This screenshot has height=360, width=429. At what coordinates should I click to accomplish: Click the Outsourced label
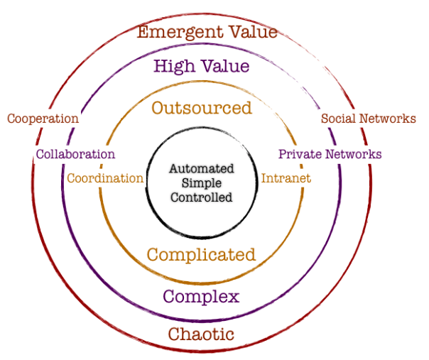(202, 108)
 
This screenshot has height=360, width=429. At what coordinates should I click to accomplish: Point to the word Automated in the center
(202, 170)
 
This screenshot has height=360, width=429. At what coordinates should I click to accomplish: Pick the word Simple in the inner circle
(201, 183)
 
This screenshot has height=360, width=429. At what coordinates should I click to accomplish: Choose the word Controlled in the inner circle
(202, 197)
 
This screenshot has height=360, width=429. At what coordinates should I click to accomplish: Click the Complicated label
(200, 254)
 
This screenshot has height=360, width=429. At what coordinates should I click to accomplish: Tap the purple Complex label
(201, 295)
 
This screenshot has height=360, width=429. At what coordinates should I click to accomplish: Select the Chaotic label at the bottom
(201, 334)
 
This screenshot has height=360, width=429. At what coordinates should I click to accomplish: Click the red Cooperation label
(43, 119)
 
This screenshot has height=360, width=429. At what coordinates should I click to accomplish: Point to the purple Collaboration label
(75, 154)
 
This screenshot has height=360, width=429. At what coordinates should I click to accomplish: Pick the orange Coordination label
(105, 178)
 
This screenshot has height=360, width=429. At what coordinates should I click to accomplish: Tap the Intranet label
(286, 178)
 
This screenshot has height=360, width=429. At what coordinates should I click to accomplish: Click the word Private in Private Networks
(297, 154)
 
